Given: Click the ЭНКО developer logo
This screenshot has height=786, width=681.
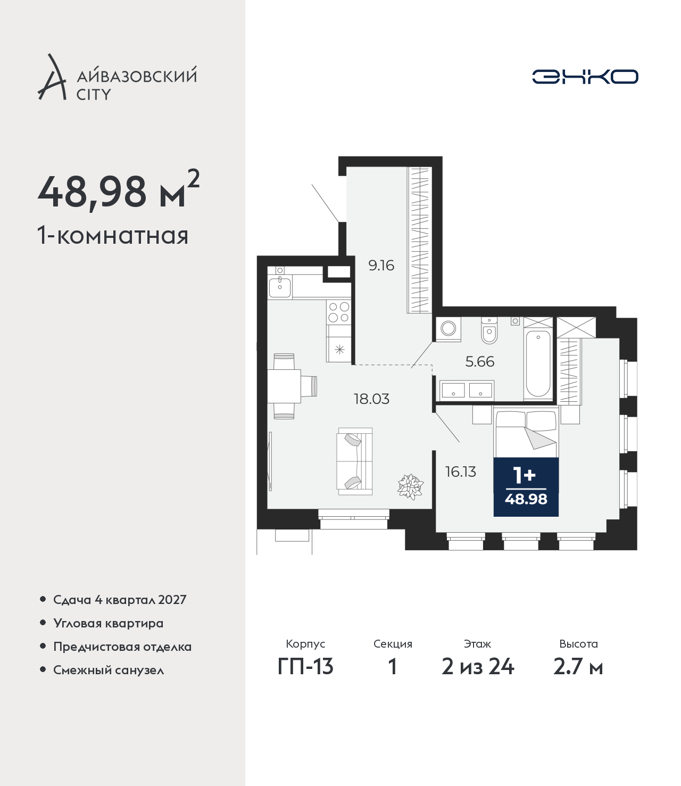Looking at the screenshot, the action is click(585, 77).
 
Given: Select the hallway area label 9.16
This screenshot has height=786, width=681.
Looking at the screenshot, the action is click(381, 266).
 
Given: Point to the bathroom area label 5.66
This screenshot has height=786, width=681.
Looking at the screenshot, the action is click(480, 361).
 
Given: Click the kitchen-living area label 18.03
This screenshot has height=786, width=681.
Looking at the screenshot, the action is click(371, 399).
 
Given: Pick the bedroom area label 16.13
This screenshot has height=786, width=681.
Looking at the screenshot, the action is click(460, 471).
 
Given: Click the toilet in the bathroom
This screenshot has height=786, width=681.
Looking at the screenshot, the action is click(489, 330).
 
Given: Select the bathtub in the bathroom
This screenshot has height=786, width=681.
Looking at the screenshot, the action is click(538, 363).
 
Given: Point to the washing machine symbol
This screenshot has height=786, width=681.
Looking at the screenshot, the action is click(449, 328).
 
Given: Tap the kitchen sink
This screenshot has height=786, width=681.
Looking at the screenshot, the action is click(280, 287).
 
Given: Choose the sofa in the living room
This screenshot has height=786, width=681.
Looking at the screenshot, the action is click(354, 461).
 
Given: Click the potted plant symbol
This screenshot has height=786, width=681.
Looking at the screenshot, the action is click(411, 486).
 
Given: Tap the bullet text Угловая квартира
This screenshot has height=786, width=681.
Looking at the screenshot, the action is click(109, 623).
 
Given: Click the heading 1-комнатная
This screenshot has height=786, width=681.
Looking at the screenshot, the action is click(113, 236).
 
